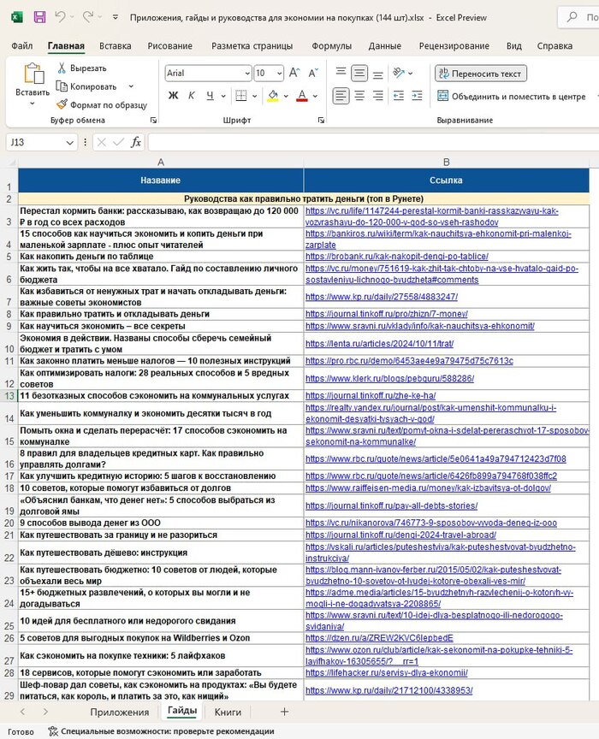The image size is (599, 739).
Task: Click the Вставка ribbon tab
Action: pyautogui.click(x=115, y=46)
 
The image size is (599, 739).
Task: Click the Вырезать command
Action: pyautogui.click(x=82, y=68)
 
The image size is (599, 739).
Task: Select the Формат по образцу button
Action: pyautogui.click(x=101, y=105)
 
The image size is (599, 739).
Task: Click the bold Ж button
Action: pyautogui.click(x=174, y=96)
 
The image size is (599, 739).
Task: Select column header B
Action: pyautogui.click(x=446, y=162)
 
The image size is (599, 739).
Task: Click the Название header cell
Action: pyautogui.click(x=161, y=180)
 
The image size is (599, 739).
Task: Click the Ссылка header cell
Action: pyautogui.click(x=446, y=180)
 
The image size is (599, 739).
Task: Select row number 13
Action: pyautogui.click(x=9, y=396)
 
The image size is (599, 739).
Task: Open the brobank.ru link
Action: pyautogui.click(x=396, y=256)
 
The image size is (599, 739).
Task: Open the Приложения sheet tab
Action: pyautogui.click(x=120, y=712)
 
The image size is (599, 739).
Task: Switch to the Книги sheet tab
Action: pyautogui.click(x=228, y=712)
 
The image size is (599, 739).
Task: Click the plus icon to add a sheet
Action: pyautogui.click(x=285, y=712)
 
